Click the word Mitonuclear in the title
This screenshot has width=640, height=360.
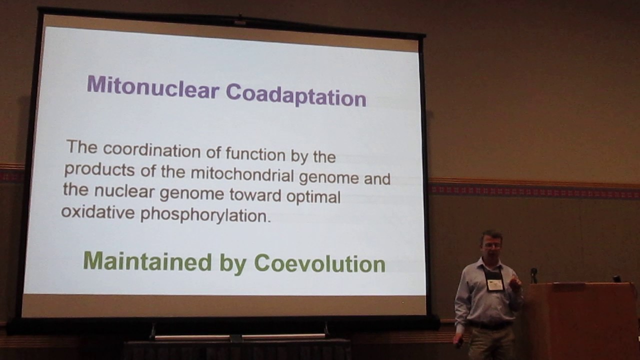[152, 88]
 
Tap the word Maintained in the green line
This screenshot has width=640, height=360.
[147, 261]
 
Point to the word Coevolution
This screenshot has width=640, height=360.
[319, 263]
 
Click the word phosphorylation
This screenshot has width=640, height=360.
[205, 215]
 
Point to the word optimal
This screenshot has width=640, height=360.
[313, 196]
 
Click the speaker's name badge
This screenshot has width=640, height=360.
[494, 284]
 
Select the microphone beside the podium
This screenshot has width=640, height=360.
[533, 274]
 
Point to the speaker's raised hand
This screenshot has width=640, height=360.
[515, 283]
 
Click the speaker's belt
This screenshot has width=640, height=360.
[489, 325]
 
